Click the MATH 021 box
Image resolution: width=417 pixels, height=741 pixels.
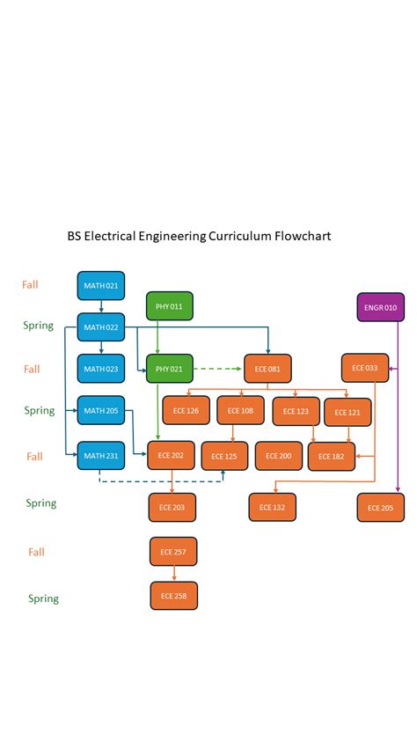click(x=101, y=286)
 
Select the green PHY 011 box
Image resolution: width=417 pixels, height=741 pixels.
click(x=169, y=306)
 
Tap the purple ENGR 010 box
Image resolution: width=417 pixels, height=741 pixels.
click(x=380, y=307)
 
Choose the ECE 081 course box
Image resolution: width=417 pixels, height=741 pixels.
click(x=267, y=369)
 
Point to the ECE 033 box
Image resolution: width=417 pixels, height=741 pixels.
click(x=364, y=368)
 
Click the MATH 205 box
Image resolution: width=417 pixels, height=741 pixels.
click(x=101, y=410)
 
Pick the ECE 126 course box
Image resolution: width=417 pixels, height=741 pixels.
click(x=186, y=411)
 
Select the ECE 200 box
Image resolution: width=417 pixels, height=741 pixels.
click(x=278, y=456)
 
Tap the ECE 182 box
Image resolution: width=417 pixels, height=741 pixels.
click(x=331, y=457)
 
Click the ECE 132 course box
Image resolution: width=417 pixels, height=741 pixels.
click(x=272, y=508)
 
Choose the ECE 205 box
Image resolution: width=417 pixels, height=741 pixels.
click(x=380, y=508)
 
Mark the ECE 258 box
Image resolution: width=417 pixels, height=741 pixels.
click(x=173, y=596)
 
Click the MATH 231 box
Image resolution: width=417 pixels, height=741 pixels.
click(x=101, y=455)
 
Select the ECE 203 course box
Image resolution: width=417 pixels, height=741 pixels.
click(x=172, y=508)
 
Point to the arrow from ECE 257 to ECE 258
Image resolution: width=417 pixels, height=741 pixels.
click(x=173, y=573)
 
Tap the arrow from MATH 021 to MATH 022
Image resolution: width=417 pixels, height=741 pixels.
click(x=101, y=306)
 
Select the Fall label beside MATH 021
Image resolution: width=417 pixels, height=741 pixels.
click(x=31, y=285)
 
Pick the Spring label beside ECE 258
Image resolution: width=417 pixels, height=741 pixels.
click(x=43, y=598)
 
